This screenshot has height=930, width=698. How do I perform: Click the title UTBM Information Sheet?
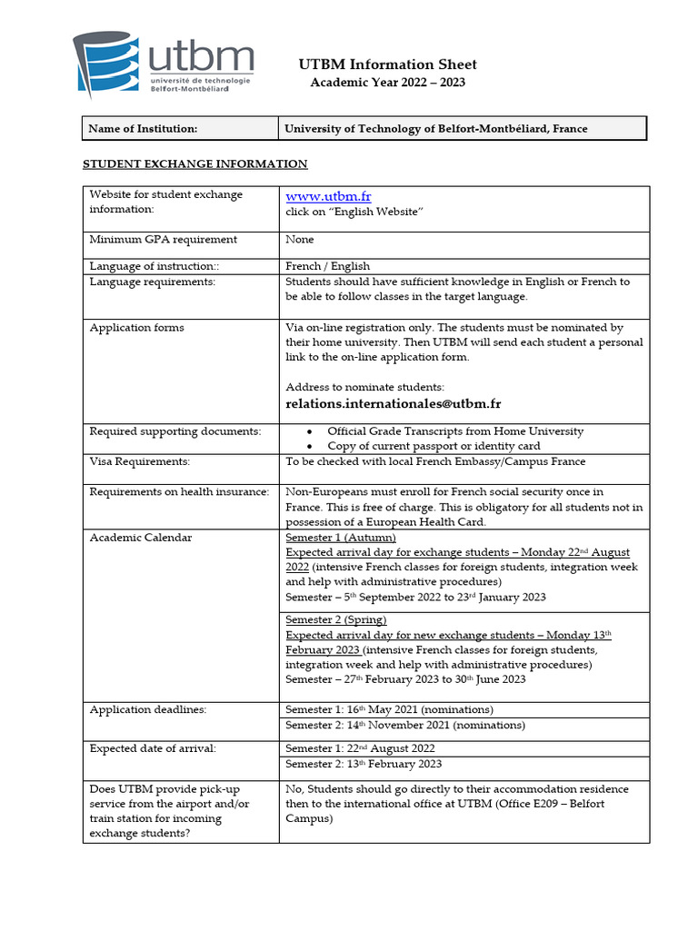click(388, 64)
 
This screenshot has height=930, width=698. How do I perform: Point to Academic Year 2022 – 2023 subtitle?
click(388, 83)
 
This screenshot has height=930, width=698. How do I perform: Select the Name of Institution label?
click(143, 129)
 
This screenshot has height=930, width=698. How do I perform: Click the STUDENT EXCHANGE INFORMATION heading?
click(195, 164)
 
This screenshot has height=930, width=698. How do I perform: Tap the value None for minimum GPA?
click(300, 240)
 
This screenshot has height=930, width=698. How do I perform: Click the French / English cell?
click(328, 266)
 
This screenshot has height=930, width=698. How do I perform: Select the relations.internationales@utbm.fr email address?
click(394, 404)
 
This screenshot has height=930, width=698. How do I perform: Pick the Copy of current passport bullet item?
click(434, 446)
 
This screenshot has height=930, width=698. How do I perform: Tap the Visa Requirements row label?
click(140, 461)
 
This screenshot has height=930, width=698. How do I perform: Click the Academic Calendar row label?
click(141, 538)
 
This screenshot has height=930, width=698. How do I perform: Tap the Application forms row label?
click(136, 328)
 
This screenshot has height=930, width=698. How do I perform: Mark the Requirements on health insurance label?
click(179, 492)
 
